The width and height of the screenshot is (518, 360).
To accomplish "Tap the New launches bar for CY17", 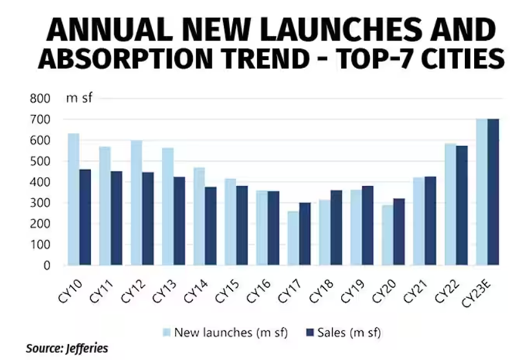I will click(293, 238).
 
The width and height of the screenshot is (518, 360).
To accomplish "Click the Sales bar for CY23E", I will click(493, 192).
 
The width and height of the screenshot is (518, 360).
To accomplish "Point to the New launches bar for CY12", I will click(136, 203).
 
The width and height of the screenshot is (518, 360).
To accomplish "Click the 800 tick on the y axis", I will click(41, 98).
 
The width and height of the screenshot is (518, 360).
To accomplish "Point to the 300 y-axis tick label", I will click(41, 203).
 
